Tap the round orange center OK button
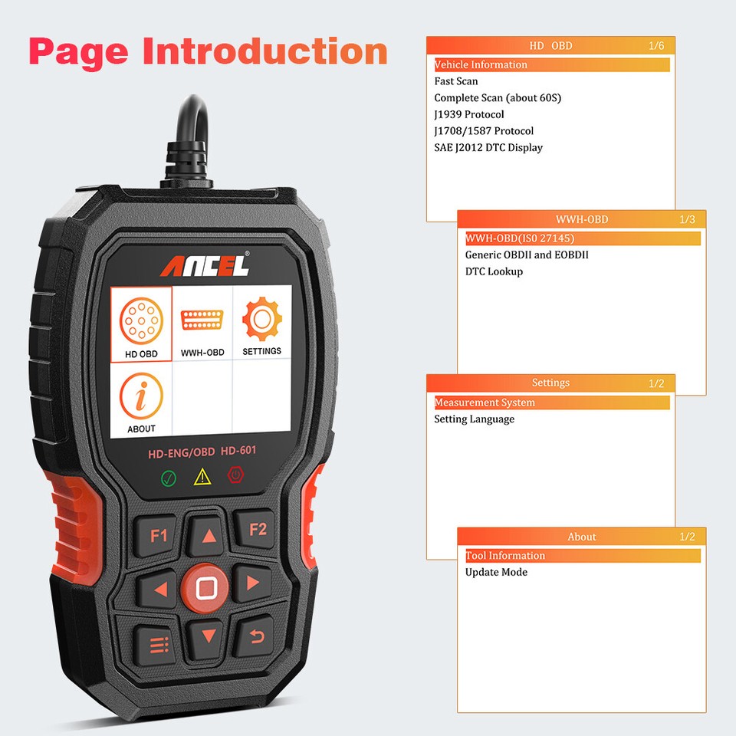[x=205, y=588]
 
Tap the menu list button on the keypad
[x=159, y=642]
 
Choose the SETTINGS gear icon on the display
[x=261, y=323]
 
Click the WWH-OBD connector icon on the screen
[x=202, y=323]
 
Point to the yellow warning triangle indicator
[x=202, y=478]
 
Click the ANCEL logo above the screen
[x=204, y=266]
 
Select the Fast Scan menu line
[x=455, y=81]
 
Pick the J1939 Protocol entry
[x=468, y=114]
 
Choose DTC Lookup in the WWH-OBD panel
[x=494, y=271]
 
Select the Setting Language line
[x=474, y=419]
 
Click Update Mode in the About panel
[x=496, y=572]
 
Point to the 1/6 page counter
[x=655, y=46]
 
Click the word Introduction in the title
[x=264, y=51]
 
